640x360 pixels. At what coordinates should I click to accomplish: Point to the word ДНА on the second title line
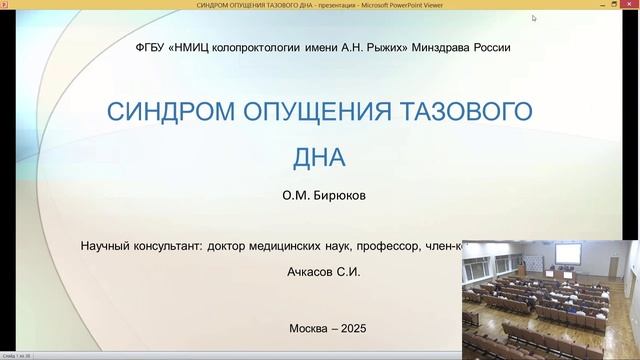(x=319, y=157)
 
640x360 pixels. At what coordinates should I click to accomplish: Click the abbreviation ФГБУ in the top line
(x=150, y=47)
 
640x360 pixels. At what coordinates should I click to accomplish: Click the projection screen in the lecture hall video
(x=567, y=255)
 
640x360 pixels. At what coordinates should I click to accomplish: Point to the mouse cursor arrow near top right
(x=534, y=18)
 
